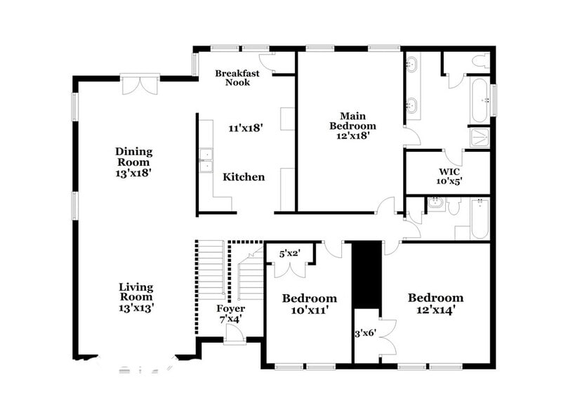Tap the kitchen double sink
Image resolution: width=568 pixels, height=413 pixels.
(206, 161)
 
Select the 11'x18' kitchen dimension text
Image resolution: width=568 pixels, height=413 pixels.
(244, 129)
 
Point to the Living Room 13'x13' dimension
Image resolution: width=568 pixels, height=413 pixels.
(136, 307)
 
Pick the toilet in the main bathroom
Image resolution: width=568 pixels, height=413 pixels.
(481, 63)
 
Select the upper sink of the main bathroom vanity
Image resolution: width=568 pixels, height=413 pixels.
(412, 67)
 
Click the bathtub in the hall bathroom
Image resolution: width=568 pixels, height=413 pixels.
(480, 218)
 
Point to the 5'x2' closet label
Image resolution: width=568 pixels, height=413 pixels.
(290, 254)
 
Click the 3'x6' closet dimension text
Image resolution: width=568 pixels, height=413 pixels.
(366, 334)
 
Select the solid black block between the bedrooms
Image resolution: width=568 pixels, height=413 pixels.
(366, 274)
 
